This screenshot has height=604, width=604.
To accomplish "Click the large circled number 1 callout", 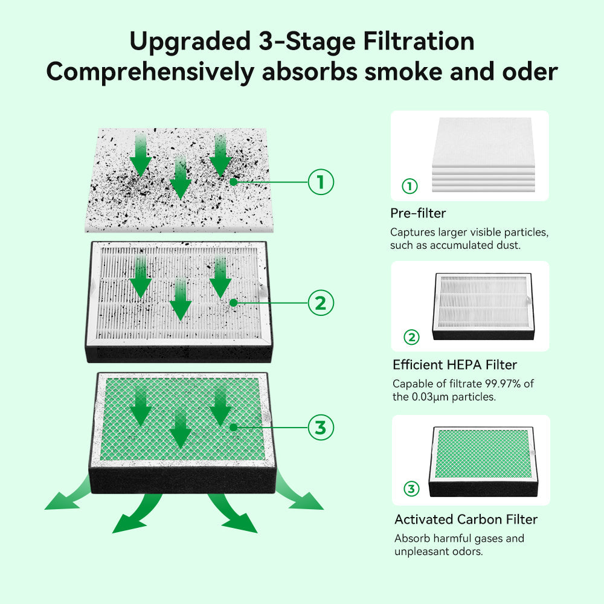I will [x=321, y=182].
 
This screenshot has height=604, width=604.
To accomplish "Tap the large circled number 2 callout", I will [x=321, y=303].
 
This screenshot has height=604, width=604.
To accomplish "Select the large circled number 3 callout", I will [x=321, y=428].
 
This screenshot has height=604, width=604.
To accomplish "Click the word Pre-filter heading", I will [x=418, y=213].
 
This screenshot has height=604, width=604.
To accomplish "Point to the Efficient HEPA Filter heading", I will [x=455, y=365].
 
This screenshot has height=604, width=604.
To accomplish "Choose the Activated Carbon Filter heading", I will [x=466, y=519].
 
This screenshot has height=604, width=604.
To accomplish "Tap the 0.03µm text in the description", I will [x=432, y=397].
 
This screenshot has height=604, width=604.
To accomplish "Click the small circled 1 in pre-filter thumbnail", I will [x=410, y=187].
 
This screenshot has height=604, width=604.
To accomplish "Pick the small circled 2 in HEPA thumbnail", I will [x=411, y=337].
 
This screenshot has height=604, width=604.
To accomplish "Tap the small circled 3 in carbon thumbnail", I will [x=411, y=489].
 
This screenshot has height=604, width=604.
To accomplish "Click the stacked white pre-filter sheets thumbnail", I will [x=482, y=154].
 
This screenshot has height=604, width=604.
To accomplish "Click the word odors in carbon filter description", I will [x=466, y=552].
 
